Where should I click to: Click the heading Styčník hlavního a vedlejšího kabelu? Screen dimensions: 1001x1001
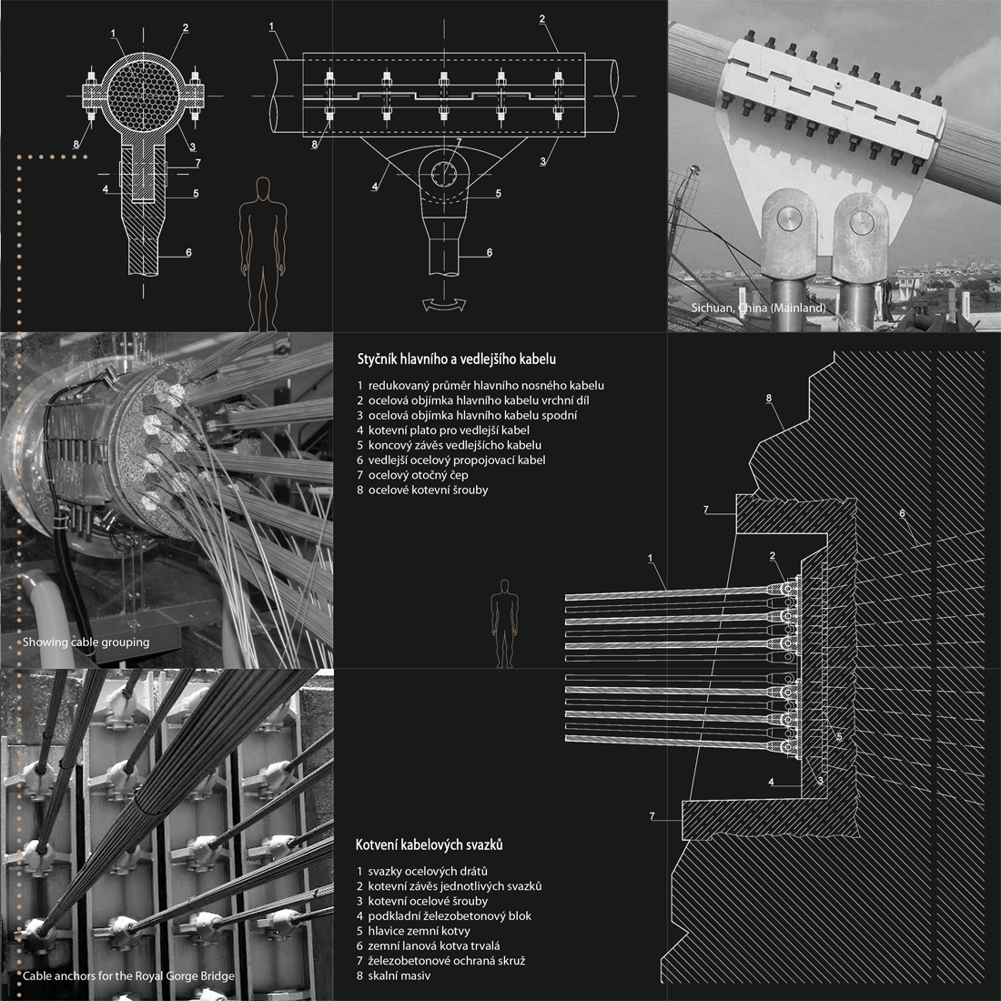pyautogui.click(x=457, y=359)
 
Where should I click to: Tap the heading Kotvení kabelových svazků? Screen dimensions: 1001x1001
pyautogui.click(x=429, y=844)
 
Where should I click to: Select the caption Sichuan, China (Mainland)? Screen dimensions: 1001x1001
pyautogui.click(x=758, y=308)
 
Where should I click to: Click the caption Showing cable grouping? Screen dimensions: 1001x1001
pyautogui.click(x=86, y=642)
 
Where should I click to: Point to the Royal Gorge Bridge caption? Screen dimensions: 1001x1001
pyautogui.click(x=128, y=976)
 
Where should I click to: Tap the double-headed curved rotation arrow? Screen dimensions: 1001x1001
pyautogui.click(x=444, y=305)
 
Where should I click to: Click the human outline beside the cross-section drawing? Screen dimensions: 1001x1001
pyautogui.click(x=263, y=254)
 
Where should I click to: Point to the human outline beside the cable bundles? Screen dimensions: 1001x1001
pyautogui.click(x=504, y=623)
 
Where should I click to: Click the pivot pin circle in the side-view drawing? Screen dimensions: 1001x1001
pyautogui.click(x=444, y=173)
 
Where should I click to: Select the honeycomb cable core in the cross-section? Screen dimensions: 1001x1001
pyautogui.click(x=138, y=96)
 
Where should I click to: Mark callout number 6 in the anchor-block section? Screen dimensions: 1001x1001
pyautogui.click(x=902, y=513)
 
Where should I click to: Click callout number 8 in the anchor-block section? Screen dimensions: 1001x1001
pyautogui.click(x=769, y=399)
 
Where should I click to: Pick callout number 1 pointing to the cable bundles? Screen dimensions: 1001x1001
pyautogui.click(x=651, y=558)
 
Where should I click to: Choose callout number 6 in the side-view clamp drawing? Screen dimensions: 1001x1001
pyautogui.click(x=490, y=252)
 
